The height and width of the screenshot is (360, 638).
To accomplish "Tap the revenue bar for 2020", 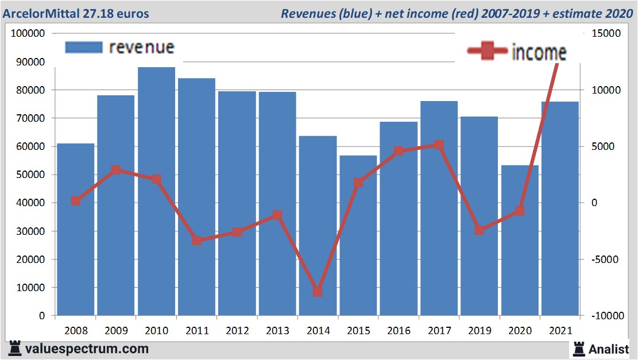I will (520, 241).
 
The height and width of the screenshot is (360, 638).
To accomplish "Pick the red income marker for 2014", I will (318, 292).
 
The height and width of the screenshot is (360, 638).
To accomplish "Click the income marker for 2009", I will (116, 170).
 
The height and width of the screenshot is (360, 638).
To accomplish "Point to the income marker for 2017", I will (439, 145).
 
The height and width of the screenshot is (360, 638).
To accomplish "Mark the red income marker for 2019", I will (480, 230).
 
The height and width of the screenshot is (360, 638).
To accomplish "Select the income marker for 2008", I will (76, 201).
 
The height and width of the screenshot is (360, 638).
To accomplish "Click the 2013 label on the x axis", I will (277, 331).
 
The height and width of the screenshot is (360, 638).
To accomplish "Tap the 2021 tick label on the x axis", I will (560, 331).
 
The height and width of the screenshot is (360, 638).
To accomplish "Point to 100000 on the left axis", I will (28, 34).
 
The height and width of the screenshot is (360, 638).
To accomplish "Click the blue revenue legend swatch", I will (84, 48).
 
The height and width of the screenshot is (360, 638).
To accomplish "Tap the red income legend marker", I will (488, 52).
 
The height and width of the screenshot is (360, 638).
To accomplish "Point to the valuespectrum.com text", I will (87, 349).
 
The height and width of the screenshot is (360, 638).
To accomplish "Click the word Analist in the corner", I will (609, 349).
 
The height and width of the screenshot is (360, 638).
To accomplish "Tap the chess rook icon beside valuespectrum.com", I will (14, 348).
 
